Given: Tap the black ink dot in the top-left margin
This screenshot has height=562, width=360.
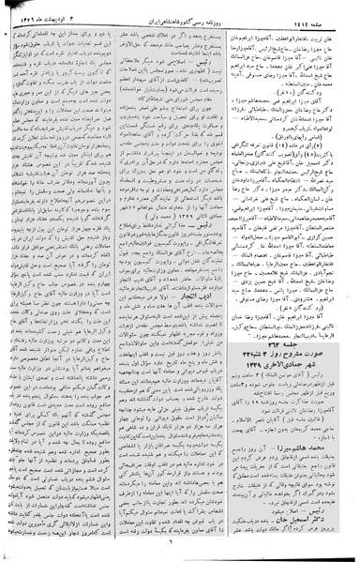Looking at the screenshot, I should tap(7, 36).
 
